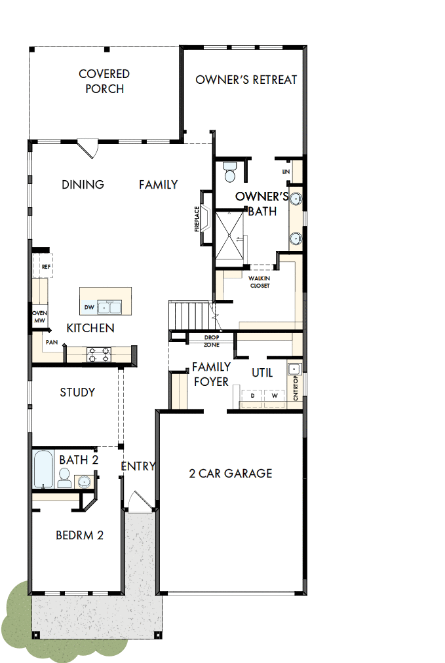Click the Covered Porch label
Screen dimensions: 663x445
click(104, 81)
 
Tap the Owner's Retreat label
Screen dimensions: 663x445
click(246, 80)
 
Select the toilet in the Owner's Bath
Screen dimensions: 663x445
click(230, 172)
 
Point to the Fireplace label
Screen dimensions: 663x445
click(197, 218)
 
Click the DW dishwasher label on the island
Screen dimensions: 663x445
click(89, 307)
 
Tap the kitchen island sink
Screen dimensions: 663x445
click(109, 307)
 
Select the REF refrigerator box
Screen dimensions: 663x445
click(45, 267)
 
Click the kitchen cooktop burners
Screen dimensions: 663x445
click(98, 354)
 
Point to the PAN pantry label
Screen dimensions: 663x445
click(51, 343)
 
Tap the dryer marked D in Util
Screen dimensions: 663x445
click(252, 396)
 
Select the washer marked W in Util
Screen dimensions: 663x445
click(275, 396)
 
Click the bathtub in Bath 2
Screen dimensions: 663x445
click(43, 469)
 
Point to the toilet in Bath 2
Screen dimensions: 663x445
click(64, 481)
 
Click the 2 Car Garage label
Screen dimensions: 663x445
click(231, 473)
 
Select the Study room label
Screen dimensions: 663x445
click(77, 392)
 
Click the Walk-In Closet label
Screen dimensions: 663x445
click(259, 281)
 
